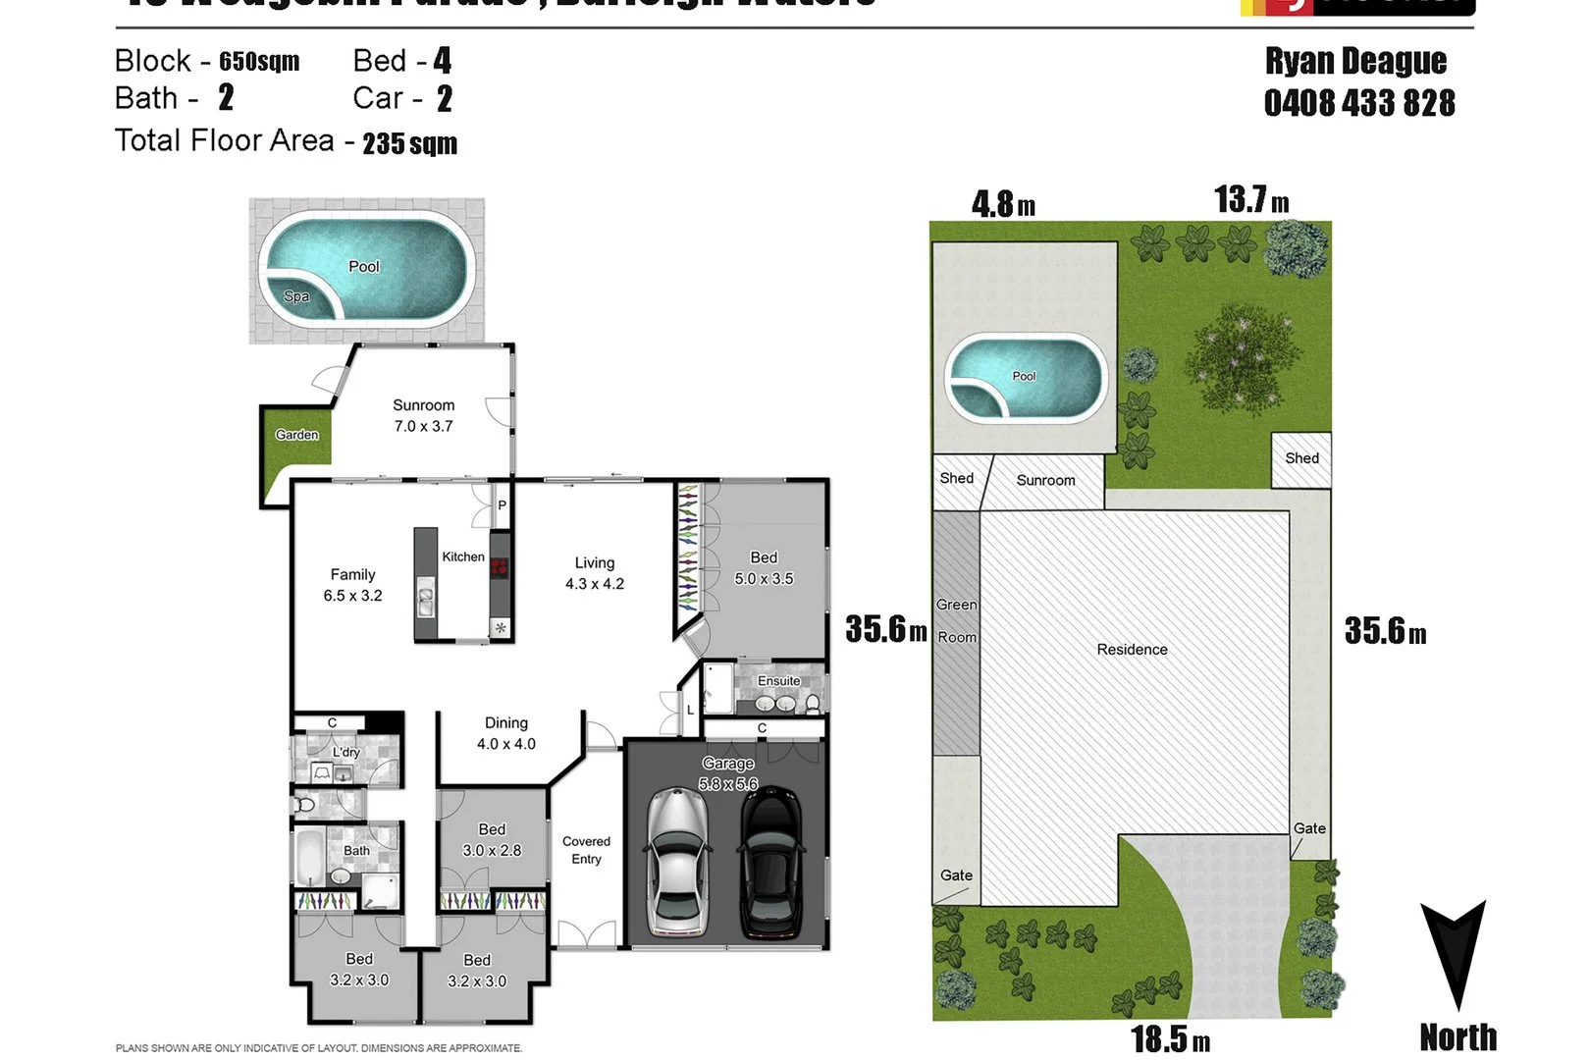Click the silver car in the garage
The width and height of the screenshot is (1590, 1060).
point(676,864)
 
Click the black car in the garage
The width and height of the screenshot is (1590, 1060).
point(770,864)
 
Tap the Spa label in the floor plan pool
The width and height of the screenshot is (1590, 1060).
point(295,296)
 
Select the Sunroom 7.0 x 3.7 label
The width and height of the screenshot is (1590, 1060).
point(423,415)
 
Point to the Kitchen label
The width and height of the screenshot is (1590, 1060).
point(462,556)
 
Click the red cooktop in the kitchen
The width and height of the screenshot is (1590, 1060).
point(501,566)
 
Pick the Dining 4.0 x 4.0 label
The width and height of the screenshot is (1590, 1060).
point(505,733)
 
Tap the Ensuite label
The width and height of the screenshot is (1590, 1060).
point(778,680)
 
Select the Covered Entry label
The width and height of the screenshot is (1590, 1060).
point(586,850)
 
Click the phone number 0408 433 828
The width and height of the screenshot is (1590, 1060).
point(1358,103)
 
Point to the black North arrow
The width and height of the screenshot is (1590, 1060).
point(1454,952)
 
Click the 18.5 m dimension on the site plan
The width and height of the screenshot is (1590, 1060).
point(1170,1038)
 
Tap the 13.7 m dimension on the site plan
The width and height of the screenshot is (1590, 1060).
point(1251,200)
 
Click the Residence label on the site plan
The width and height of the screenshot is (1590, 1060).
point(1132,650)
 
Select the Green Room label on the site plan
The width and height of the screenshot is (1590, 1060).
point(956,620)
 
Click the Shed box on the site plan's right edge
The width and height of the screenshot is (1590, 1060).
point(1301,459)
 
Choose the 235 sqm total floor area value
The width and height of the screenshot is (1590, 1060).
point(409,144)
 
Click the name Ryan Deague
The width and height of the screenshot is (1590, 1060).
point(1355,61)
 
